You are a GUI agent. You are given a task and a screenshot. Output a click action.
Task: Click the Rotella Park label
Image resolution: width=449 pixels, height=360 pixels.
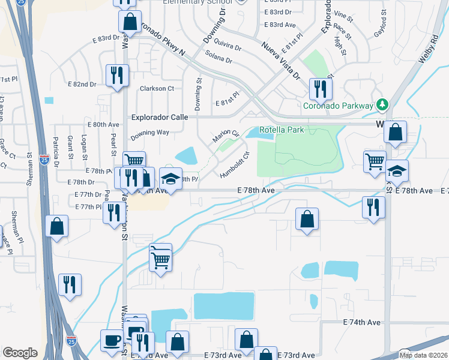click(x=282, y=130)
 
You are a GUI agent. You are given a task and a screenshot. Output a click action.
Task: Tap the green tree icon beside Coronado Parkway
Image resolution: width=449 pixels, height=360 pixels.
click(x=381, y=105)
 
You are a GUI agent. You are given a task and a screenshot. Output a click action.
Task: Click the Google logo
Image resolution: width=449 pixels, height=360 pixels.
click(x=20, y=353)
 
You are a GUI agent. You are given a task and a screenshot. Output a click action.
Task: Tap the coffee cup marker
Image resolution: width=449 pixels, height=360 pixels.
click(x=112, y=340)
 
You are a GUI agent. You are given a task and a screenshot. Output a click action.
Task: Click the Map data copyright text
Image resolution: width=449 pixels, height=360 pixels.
click(x=423, y=355)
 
